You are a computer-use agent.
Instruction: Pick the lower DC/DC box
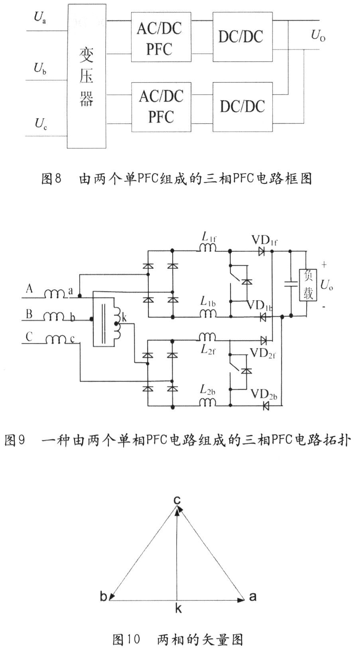pos(242,107)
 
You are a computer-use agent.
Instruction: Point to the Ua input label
pos(40,18)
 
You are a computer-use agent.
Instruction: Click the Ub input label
pos(40,69)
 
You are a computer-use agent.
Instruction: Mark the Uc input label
pos(40,123)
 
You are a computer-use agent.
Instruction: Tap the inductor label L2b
pos(208,390)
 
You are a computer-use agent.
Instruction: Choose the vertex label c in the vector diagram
pos(177,500)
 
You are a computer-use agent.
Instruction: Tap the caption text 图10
pos(126,639)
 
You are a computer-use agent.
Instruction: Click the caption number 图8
pos(51,178)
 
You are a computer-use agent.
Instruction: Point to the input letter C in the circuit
pos(29,337)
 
